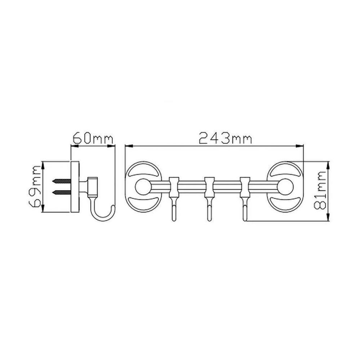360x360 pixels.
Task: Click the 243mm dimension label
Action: coord(225,138)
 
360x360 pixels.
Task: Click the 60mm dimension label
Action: coord(93,138)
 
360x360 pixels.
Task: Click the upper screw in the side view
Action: coord(62,181)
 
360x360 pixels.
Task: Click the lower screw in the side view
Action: coord(62,192)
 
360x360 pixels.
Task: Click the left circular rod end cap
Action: coord(143,186)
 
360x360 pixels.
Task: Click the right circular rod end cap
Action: coord(285,186)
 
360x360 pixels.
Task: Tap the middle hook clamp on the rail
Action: coord(209,187)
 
